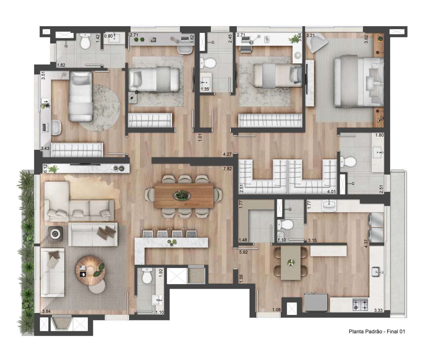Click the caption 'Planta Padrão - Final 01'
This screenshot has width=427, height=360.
[x=377, y=331]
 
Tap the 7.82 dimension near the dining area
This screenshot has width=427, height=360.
[x=228, y=169]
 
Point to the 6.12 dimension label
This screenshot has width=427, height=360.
[x=45, y=168]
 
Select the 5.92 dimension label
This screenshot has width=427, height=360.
[x=243, y=252]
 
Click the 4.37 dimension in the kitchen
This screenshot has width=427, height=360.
[x=366, y=243]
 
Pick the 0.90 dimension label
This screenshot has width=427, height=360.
[x=108, y=36]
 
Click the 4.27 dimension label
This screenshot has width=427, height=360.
[x=227, y=154]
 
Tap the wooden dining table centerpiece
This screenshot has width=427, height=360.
[x=182, y=195]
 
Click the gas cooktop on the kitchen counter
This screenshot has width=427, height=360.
[x=360, y=305]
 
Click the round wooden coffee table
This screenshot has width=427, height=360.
[x=90, y=270]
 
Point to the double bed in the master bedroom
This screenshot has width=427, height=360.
[x=359, y=82]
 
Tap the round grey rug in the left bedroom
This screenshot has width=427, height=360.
[x=99, y=108]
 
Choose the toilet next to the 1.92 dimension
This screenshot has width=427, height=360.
[x=147, y=275]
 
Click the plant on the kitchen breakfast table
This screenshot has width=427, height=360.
[x=291, y=263]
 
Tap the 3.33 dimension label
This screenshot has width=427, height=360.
[x=378, y=310]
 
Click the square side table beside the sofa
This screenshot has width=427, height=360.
[x=55, y=233]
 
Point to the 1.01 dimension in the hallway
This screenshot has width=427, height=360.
[x=200, y=138]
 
